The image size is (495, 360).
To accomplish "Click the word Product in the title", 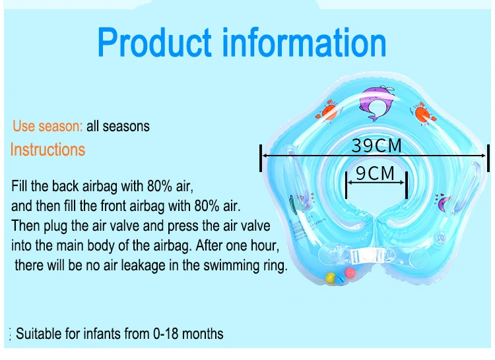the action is tap(154, 42).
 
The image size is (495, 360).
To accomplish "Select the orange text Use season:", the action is tap(48, 126).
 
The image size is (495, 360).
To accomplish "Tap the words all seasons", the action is tap(117, 126).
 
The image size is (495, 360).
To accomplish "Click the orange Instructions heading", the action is tap(48, 150).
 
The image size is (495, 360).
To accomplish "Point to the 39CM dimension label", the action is tap(376, 146).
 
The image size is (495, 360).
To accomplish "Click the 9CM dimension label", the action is tap(375, 173).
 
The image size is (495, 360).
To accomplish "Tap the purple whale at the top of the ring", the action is tap(376, 103).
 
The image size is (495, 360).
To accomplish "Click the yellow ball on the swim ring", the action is tap(330, 278).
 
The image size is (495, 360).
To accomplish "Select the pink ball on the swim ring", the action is tap(350, 273).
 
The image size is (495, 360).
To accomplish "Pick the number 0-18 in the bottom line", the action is tap(166, 334).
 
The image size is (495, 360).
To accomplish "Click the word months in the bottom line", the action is tap(203, 334).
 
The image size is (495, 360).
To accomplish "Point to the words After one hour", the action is tap(238, 245).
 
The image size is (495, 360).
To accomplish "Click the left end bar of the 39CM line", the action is tap(261, 158).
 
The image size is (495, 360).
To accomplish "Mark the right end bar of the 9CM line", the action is tap(407, 185).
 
